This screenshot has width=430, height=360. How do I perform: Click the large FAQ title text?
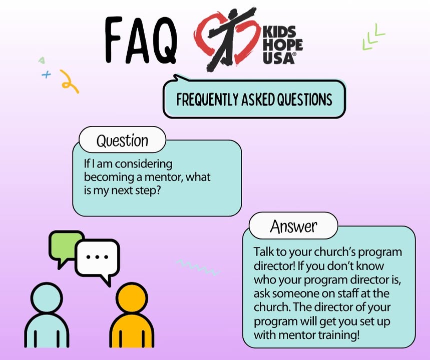click(140, 40)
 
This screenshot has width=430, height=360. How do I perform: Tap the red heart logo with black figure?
click(227, 39)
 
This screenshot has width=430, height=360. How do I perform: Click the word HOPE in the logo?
click(283, 45)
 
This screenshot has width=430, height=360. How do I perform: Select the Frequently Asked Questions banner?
click(254, 99)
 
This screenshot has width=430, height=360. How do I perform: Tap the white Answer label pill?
click(293, 226)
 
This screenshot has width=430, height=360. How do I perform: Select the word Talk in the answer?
click(263, 252)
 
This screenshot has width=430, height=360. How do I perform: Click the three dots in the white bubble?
click(97, 257)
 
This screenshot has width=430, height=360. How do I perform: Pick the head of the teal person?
click(47, 298)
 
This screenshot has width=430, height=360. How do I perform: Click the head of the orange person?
click(132, 298)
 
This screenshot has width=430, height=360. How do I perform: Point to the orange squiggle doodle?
click(69, 81)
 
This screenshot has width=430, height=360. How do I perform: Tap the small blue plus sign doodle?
click(47, 74)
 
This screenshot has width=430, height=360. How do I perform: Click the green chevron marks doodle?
click(373, 38)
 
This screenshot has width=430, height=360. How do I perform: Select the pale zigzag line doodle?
click(198, 267)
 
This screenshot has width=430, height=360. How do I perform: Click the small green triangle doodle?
click(42, 60)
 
